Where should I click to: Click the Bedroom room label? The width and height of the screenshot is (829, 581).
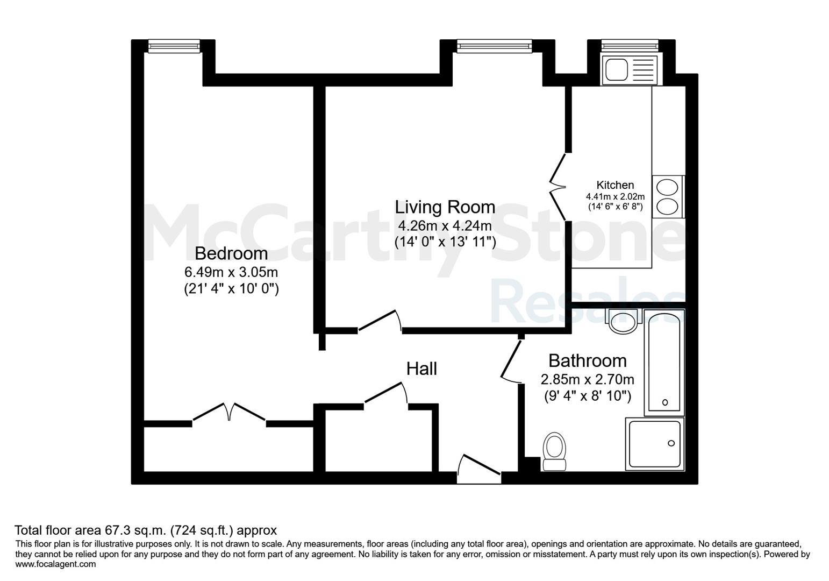point(231,254)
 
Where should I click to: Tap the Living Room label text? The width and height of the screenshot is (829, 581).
point(445,207)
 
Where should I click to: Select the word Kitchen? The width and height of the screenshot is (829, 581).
point(615,185)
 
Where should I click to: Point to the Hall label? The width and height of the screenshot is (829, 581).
point(421,369)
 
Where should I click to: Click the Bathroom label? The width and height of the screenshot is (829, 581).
point(587,360)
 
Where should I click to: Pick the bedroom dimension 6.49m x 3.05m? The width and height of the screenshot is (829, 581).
point(231,272)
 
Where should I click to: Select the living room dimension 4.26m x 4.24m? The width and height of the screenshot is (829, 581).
point(445,225)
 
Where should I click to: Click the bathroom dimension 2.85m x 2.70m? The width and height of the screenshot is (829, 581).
point(587,379)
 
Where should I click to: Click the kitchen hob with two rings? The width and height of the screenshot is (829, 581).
point(668,197)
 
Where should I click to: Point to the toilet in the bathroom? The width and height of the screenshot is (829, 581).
point(554,451)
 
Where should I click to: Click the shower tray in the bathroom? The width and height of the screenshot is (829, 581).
point(655,444)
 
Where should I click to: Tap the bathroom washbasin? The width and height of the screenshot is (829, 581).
point(623,321)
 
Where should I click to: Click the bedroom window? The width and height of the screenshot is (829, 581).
point(174,46)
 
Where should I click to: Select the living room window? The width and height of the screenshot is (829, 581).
point(495,46)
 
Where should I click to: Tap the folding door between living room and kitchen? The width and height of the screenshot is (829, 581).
point(558,187)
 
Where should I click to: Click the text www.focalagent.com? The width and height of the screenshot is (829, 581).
point(55,564)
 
